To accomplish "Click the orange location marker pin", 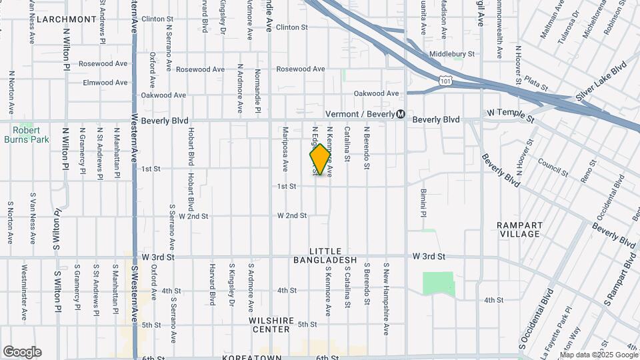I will [321, 159].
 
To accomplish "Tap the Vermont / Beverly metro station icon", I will [400, 114].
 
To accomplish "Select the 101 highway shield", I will [445, 80].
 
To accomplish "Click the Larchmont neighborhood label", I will [67, 19].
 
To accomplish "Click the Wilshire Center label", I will [271, 325].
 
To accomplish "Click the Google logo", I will [22, 352].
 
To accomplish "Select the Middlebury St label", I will [451, 54].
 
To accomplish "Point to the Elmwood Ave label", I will [105, 83].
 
